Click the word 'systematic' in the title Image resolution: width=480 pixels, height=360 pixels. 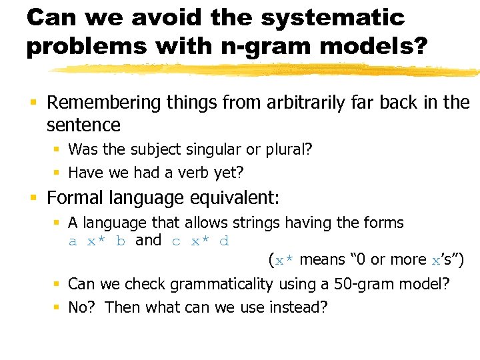pyautogui.click(x=333, y=18)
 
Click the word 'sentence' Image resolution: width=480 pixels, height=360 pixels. pyautogui.click(x=83, y=125)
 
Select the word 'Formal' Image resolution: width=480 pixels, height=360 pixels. pyautogui.click(x=74, y=198)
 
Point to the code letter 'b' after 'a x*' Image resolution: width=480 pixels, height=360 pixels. pyautogui.click(x=121, y=241)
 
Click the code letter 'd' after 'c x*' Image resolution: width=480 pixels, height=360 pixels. pyautogui.click(x=224, y=241)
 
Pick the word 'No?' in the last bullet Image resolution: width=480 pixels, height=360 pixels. pyautogui.click(x=83, y=308)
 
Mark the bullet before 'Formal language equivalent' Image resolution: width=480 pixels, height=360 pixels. pyautogui.click(x=33, y=198)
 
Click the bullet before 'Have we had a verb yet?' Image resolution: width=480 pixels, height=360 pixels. pyautogui.click(x=57, y=173)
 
